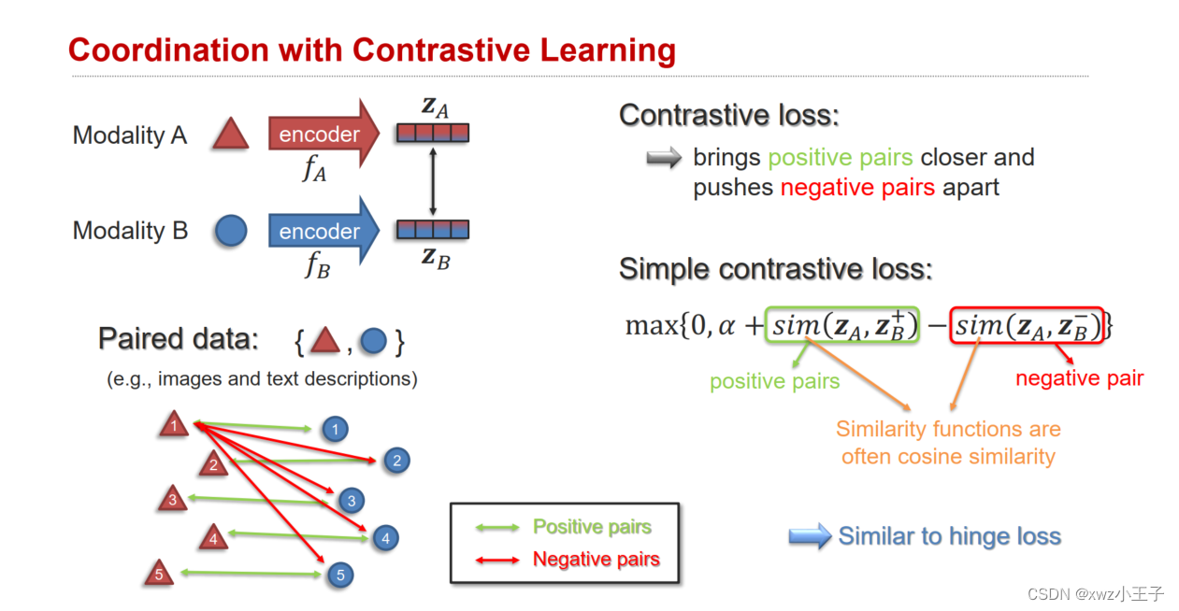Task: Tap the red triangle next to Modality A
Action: [230, 135]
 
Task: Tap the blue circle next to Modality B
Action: [231, 230]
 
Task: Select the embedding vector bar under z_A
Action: [433, 133]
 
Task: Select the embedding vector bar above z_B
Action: [433, 229]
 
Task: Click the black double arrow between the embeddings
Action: [432, 180]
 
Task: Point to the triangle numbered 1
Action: [173, 426]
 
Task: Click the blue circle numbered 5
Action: [340, 575]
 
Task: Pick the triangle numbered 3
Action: [172, 500]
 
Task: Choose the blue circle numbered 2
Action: [396, 460]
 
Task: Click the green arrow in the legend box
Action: [497, 528]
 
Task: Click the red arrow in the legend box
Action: [497, 561]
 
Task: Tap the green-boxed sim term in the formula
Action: [842, 326]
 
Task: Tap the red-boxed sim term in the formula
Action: [1027, 326]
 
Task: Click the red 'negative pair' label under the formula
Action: [1079, 378]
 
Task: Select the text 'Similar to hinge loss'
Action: [949, 536]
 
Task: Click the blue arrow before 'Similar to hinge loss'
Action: [810, 536]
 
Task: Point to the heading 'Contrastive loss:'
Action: [729, 116]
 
